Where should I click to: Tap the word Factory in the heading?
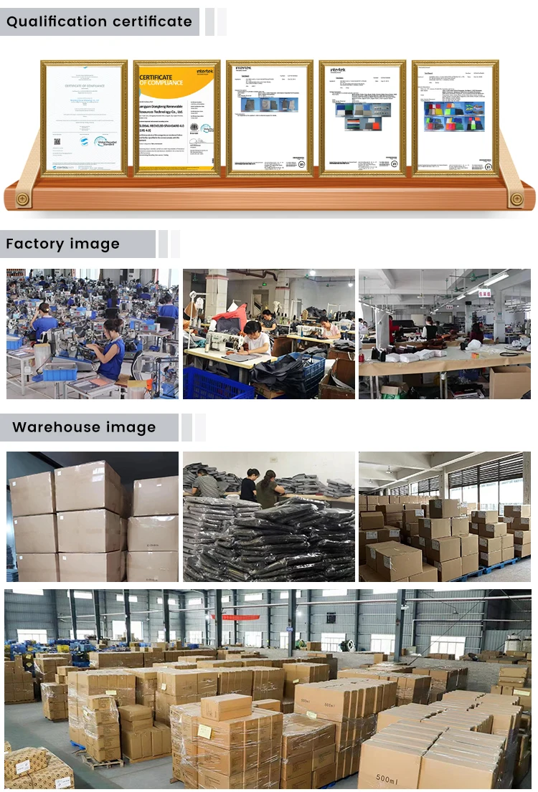click(34, 244)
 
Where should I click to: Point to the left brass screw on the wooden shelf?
click(23, 198)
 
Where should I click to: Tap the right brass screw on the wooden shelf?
click(516, 198)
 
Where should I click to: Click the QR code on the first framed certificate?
click(57, 142)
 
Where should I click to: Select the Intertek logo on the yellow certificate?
click(206, 72)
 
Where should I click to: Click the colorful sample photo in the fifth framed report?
click(454, 116)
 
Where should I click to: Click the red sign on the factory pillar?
click(484, 292)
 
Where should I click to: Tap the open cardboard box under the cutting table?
click(510, 383)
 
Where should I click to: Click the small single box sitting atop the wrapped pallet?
click(226, 707)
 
